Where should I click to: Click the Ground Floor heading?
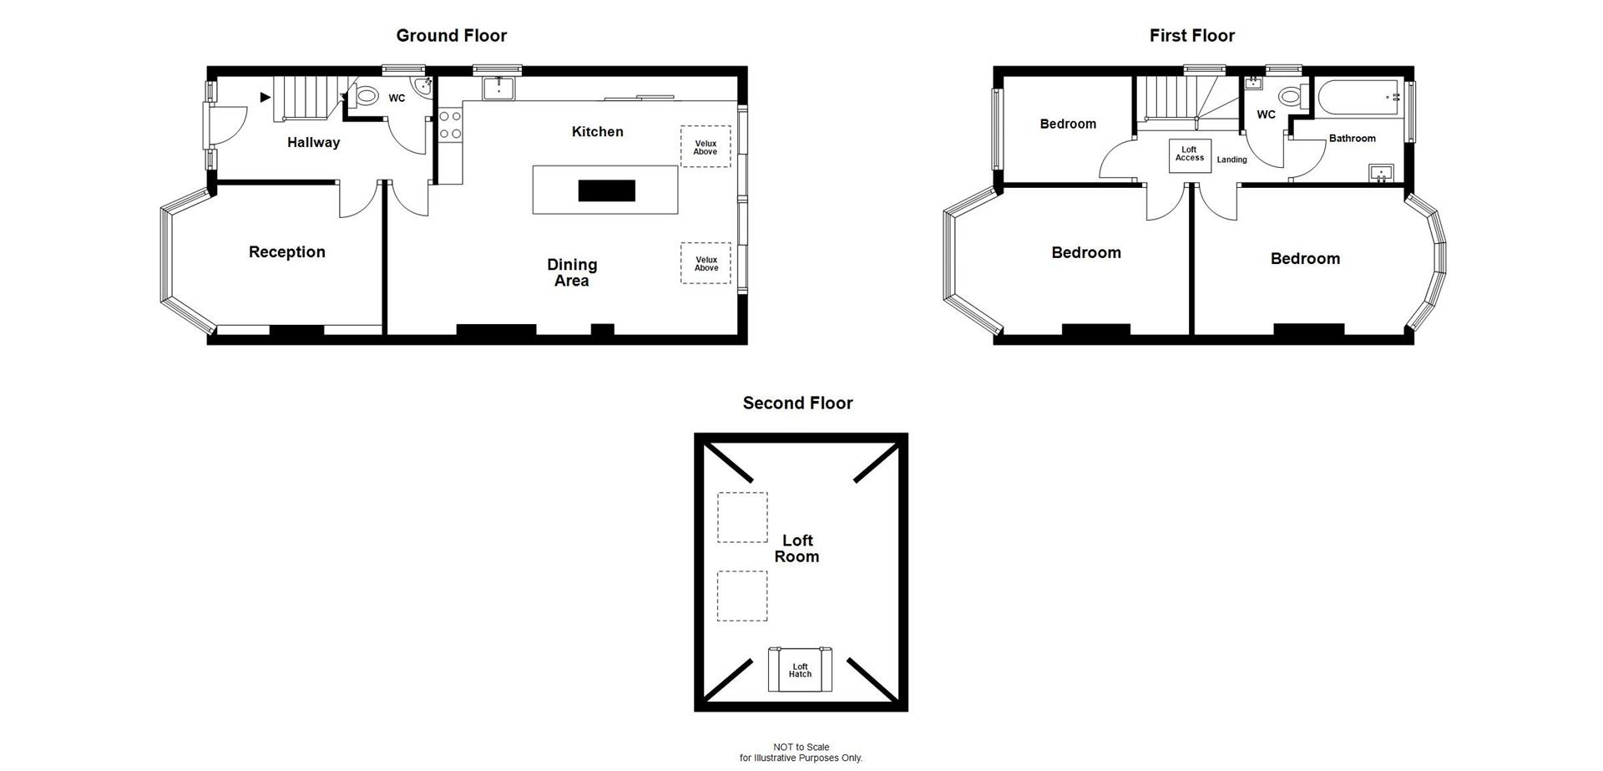coord(451,35)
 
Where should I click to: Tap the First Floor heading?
coord(1191,35)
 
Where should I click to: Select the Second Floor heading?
coord(797,403)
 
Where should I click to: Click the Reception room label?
coord(286,251)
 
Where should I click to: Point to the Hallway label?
coord(313,142)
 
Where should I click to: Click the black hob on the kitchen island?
coord(606,190)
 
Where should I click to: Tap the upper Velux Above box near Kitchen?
coord(705,147)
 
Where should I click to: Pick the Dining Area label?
coord(572,272)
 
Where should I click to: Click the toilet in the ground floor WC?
coord(365,97)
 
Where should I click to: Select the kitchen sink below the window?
coord(499,87)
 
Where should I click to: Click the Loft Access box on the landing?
coord(1189,155)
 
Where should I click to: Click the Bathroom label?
coord(1352,138)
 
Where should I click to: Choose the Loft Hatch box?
coord(800,670)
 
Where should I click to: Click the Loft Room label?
coord(796,548)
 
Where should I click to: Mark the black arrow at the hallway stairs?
coord(265,97)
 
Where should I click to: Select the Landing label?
coord(1231,160)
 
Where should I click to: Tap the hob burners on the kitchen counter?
coord(450,124)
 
